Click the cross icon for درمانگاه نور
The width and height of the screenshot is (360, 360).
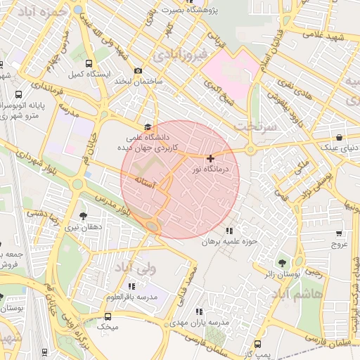click(x=210, y=159)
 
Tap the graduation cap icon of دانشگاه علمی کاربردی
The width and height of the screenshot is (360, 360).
click(x=148, y=127)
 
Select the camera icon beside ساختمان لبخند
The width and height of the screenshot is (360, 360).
click(x=138, y=70)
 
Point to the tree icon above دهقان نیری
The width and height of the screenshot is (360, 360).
click(x=84, y=216)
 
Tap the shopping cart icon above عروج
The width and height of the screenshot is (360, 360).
click(x=340, y=233)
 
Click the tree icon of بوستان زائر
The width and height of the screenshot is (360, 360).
click(x=283, y=263)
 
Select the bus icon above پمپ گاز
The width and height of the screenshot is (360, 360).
click(x=257, y=344)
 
